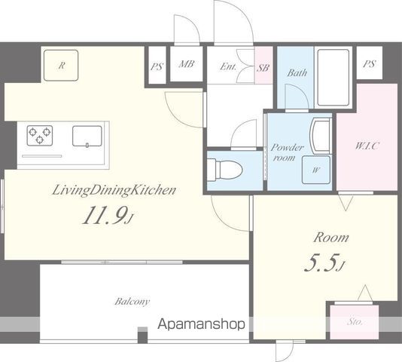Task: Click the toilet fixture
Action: pos(224,170)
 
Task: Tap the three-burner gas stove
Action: pos(40,136)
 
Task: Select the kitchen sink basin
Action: pos(87,137)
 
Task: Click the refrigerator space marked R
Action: pos(61,66)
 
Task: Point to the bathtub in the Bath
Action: pos(333,78)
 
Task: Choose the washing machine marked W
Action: pos(316,170)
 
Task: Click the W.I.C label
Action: pos(367,146)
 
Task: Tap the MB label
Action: pos(187,63)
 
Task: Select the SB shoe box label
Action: pos(263,68)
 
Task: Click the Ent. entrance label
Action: pos(228,67)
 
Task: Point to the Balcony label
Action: pos(132,302)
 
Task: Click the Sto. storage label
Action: pos(355,321)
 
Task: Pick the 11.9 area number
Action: pos(108,215)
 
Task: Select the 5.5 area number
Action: pos(324,262)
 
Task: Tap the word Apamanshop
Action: pos(201,324)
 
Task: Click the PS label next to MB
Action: pos(157,67)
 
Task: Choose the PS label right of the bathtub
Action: pos(370,63)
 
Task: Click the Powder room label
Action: pos(287,152)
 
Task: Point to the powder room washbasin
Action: pos(320,137)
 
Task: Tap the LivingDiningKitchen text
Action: pos(114,191)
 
